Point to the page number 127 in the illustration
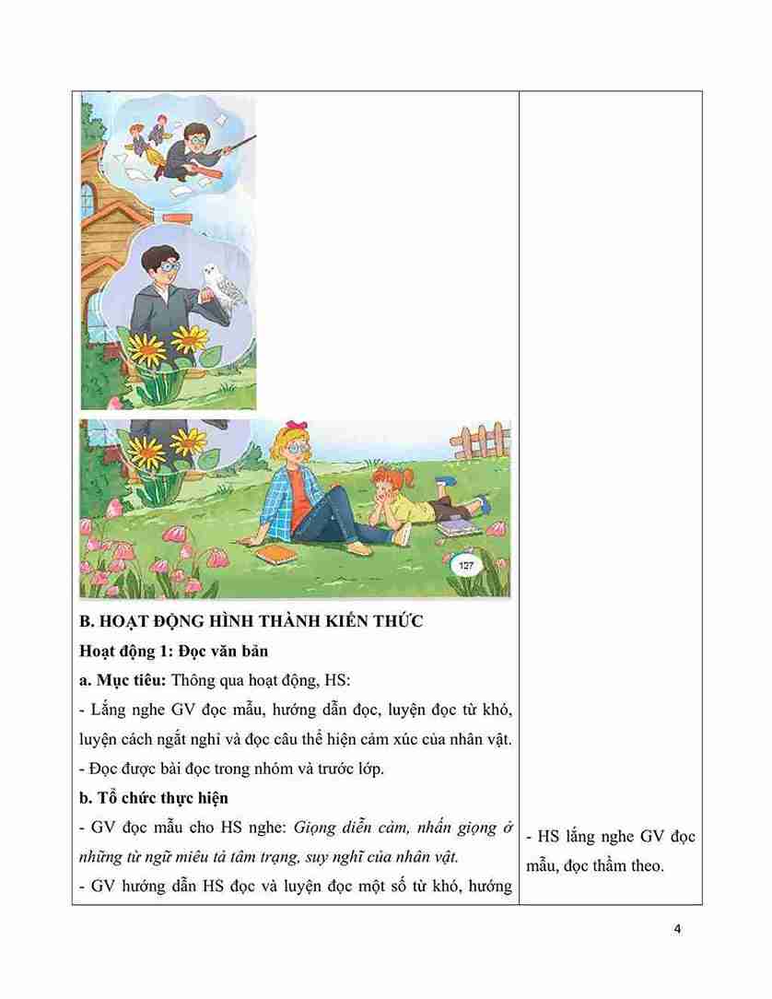tap(465, 565)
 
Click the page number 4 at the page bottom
tap(677, 928)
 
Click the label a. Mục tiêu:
tap(123, 681)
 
